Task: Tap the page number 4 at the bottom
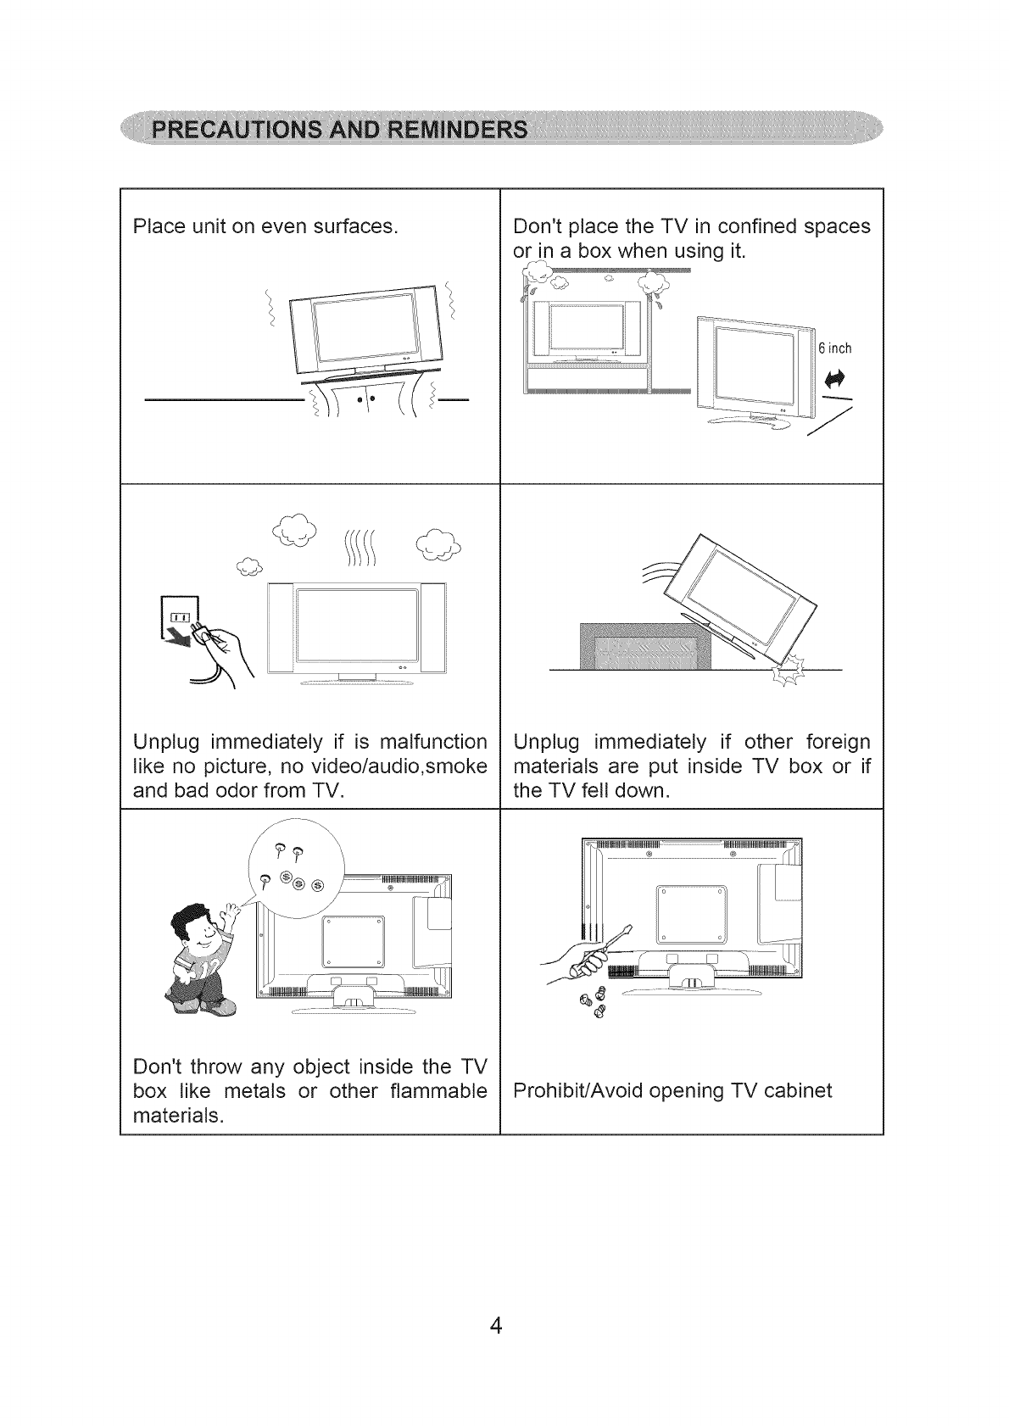click(x=496, y=1325)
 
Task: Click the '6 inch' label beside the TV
click(x=834, y=348)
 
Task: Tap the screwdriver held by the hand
click(x=610, y=947)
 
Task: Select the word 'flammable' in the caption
click(x=438, y=1090)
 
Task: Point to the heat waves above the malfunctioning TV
click(x=360, y=549)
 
